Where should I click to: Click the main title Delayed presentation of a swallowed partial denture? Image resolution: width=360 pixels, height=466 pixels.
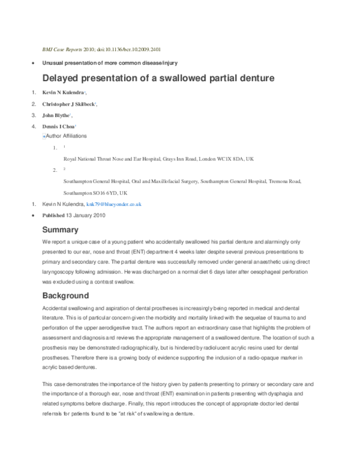click(x=158, y=77)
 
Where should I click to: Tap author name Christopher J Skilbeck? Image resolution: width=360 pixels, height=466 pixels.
click(x=68, y=104)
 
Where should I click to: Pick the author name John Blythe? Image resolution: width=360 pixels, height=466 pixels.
click(x=56, y=115)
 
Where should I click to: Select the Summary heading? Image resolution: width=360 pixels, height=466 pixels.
click(x=60, y=229)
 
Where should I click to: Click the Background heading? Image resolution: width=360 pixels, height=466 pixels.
click(x=65, y=295)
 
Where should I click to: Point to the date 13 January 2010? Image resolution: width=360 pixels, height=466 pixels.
click(x=86, y=215)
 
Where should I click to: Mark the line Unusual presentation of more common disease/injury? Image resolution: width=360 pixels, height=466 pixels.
click(x=109, y=63)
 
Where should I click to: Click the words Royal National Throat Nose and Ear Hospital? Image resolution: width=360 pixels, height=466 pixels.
click(x=106, y=159)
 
